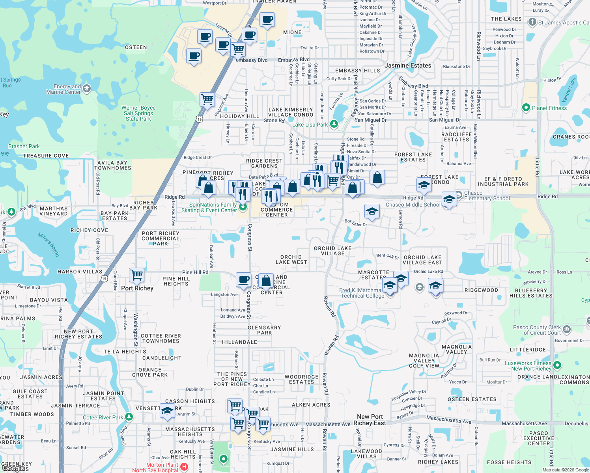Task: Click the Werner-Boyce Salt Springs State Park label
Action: [138, 113]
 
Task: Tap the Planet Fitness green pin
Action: [526, 108]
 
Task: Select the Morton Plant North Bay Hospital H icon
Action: [184, 467]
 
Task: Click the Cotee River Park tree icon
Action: [129, 417]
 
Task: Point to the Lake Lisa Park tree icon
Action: [334, 124]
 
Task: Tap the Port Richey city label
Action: [137, 288]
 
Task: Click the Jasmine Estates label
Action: [408, 65]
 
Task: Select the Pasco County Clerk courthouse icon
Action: [567, 329]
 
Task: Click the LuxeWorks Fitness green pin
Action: [557, 365]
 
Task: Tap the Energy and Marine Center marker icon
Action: [87, 89]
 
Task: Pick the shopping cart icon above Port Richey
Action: [136, 274]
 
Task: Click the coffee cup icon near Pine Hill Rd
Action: [244, 280]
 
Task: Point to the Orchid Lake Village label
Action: [332, 251]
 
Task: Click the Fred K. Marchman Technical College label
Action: [362, 293]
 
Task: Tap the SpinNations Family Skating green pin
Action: [243, 206]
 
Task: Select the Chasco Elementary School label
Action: [487, 196]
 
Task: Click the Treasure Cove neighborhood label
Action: [46, 156]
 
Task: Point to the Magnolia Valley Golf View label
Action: [424, 361]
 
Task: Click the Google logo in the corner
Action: [15, 468]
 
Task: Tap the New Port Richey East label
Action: [370, 420]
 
